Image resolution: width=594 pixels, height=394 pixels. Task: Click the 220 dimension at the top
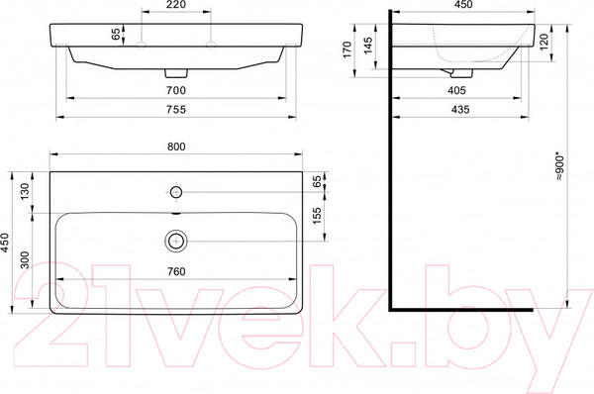[176, 6]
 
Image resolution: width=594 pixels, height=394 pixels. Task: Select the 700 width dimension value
[177, 89]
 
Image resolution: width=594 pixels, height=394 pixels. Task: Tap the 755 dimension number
[177, 110]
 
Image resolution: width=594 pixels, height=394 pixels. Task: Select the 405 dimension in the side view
[457, 90]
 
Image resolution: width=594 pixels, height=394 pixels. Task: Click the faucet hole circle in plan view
[176, 190]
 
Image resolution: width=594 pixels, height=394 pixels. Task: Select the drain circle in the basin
[176, 239]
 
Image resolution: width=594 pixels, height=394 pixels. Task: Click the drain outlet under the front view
[177, 73]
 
